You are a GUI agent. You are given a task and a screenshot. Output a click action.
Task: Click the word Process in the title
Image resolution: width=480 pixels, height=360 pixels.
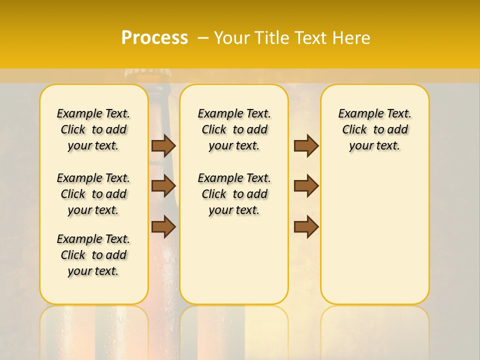(x=154, y=37)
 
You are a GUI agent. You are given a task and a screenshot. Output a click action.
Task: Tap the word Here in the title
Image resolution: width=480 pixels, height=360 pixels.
(x=352, y=37)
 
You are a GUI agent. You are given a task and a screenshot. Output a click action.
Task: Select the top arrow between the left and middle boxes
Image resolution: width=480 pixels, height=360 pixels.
(x=163, y=145)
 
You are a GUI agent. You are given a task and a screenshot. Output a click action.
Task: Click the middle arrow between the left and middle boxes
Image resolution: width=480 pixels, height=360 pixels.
(x=163, y=186)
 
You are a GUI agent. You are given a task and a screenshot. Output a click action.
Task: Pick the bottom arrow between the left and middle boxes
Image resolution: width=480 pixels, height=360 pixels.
(x=163, y=226)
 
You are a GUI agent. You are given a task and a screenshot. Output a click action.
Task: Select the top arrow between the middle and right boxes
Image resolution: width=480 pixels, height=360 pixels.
(x=306, y=145)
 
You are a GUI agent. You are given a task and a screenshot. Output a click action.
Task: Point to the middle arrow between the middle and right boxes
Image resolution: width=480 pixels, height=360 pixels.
(x=306, y=186)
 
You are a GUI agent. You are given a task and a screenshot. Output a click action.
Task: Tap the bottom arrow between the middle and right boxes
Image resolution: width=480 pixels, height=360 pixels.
(x=306, y=226)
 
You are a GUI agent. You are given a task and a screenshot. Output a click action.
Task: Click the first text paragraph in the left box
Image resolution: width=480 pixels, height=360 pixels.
(x=93, y=129)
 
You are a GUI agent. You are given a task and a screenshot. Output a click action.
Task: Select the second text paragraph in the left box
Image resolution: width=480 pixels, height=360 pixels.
(x=93, y=194)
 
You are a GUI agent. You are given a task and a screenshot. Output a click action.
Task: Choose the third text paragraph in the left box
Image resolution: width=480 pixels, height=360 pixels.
(x=93, y=255)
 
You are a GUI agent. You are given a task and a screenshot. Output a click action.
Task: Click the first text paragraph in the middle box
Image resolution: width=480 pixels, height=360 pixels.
(x=234, y=129)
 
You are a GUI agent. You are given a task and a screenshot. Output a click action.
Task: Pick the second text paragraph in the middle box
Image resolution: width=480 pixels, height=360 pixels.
(x=234, y=194)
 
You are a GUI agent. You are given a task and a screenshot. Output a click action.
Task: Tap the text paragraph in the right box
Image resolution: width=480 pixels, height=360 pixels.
(x=374, y=129)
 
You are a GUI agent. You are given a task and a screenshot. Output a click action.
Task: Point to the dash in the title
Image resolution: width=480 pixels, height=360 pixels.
(x=202, y=37)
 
